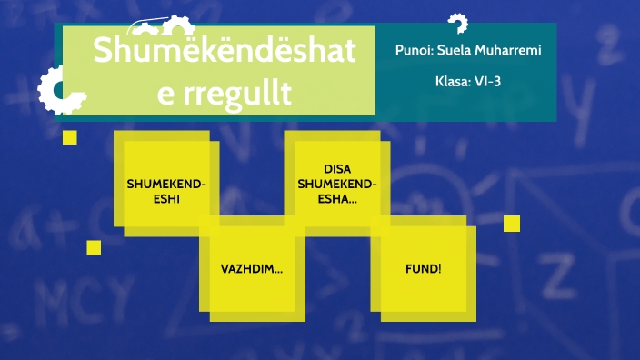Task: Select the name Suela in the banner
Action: pyautogui.click(x=458, y=50)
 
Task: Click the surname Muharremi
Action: pyautogui.click(x=511, y=50)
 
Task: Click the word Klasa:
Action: pyautogui.click(x=453, y=81)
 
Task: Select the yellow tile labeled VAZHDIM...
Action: pyautogui.click(x=251, y=270)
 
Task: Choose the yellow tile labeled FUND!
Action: pyautogui.click(x=423, y=269)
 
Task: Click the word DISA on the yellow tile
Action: pyautogui.click(x=336, y=169)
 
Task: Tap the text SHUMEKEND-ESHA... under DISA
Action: pyautogui.click(x=336, y=191)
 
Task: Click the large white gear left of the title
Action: pyautogui.click(x=60, y=90)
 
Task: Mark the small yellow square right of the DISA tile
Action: pyautogui.click(x=511, y=224)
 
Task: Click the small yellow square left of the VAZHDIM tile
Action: pyautogui.click(x=94, y=247)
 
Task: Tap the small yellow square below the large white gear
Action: pyautogui.click(x=69, y=137)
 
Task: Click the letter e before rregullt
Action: pyautogui.click(x=165, y=93)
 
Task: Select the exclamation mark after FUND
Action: pyautogui.click(x=439, y=269)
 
